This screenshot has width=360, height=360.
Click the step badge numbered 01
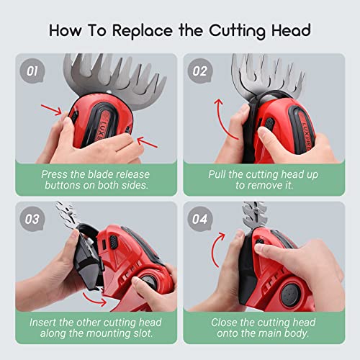tap(32, 71)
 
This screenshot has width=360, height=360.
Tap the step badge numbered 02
tap(200, 71)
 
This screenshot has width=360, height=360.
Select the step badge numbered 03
tap(32, 219)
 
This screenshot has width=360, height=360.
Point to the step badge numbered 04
tap(200, 219)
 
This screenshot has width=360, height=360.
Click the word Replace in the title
tap(143, 31)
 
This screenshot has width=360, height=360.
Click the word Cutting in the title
tap(237, 31)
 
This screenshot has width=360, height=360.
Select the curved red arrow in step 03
tap(94, 299)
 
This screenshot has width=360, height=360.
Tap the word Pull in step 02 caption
tap(217, 174)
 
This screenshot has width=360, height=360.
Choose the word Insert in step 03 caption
tap(42, 323)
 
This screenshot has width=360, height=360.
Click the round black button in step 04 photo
tap(290, 294)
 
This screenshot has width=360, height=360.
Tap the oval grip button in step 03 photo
tap(114, 242)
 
